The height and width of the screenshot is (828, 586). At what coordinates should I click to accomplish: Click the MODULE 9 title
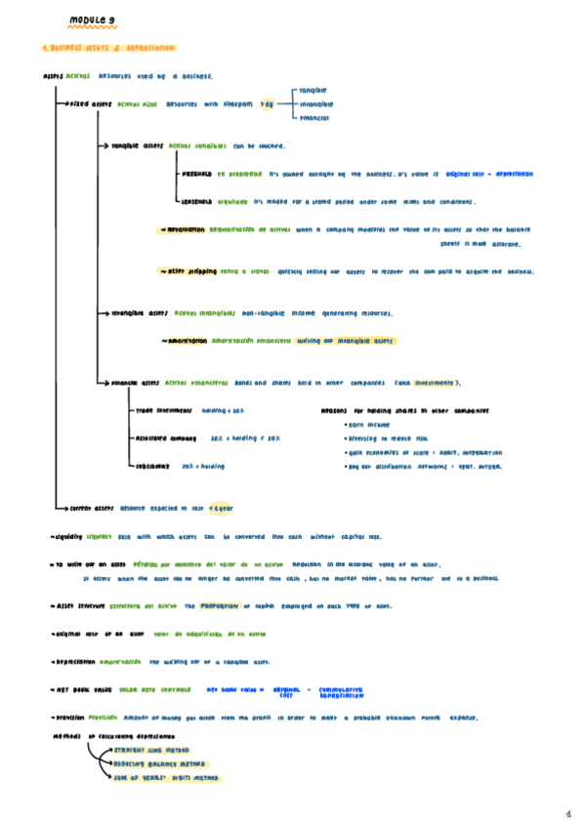94,19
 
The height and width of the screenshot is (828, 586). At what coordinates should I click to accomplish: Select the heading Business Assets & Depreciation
108,48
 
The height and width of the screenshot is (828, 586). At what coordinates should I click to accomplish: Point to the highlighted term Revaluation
186,230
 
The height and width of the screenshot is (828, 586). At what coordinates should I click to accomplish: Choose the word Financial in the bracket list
314,118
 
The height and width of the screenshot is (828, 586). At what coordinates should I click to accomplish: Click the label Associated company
167,438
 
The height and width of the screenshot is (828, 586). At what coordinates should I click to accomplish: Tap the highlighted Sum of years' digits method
160,778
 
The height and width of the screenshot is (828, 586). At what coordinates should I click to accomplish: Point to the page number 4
567,811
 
